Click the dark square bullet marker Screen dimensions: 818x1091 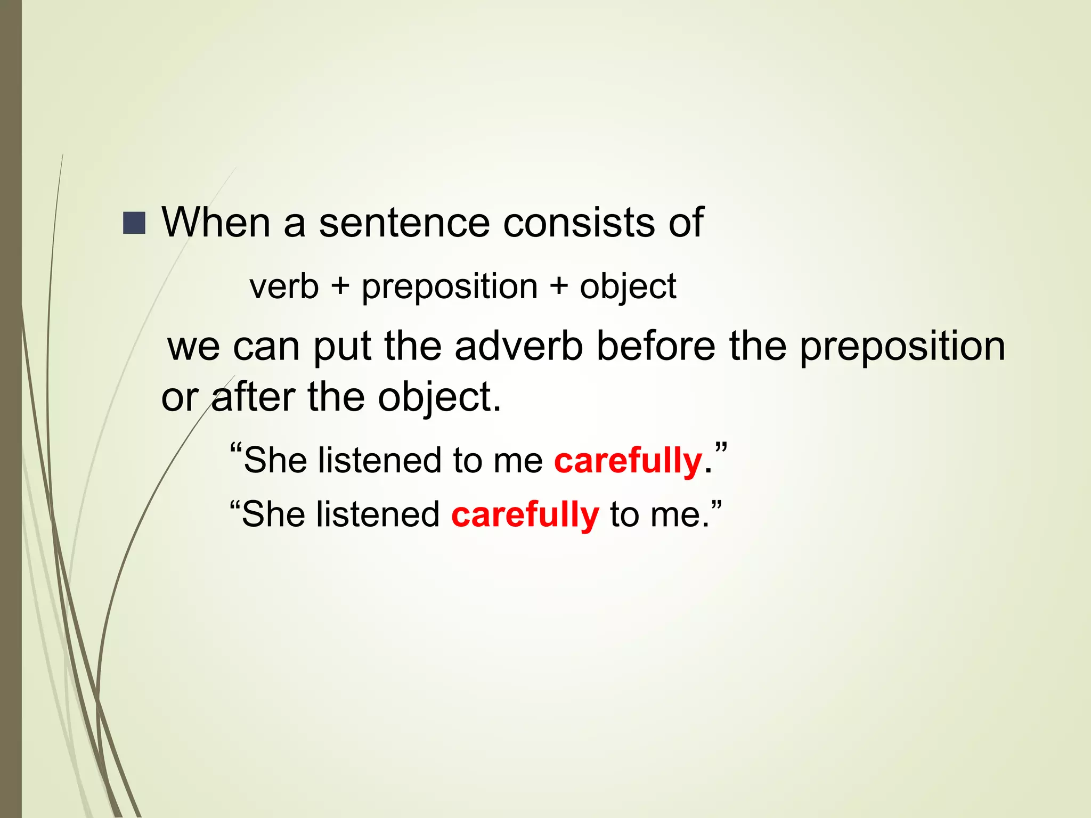pyautogui.click(x=134, y=223)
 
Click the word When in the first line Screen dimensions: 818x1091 pyautogui.click(x=216, y=222)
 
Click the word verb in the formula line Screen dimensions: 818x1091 pyautogui.click(x=284, y=287)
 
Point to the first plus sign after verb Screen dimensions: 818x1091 pyautogui.click(x=340, y=287)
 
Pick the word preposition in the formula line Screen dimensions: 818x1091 pyautogui.click(x=450, y=288)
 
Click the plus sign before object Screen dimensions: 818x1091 pyautogui.click(x=559, y=287)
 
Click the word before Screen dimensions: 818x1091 pyautogui.click(x=655, y=346)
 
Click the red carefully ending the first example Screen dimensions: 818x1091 pyautogui.click(x=628, y=461)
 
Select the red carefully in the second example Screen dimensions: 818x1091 pyautogui.click(x=525, y=515)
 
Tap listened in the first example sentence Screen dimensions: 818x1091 pyautogui.click(x=379, y=460)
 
